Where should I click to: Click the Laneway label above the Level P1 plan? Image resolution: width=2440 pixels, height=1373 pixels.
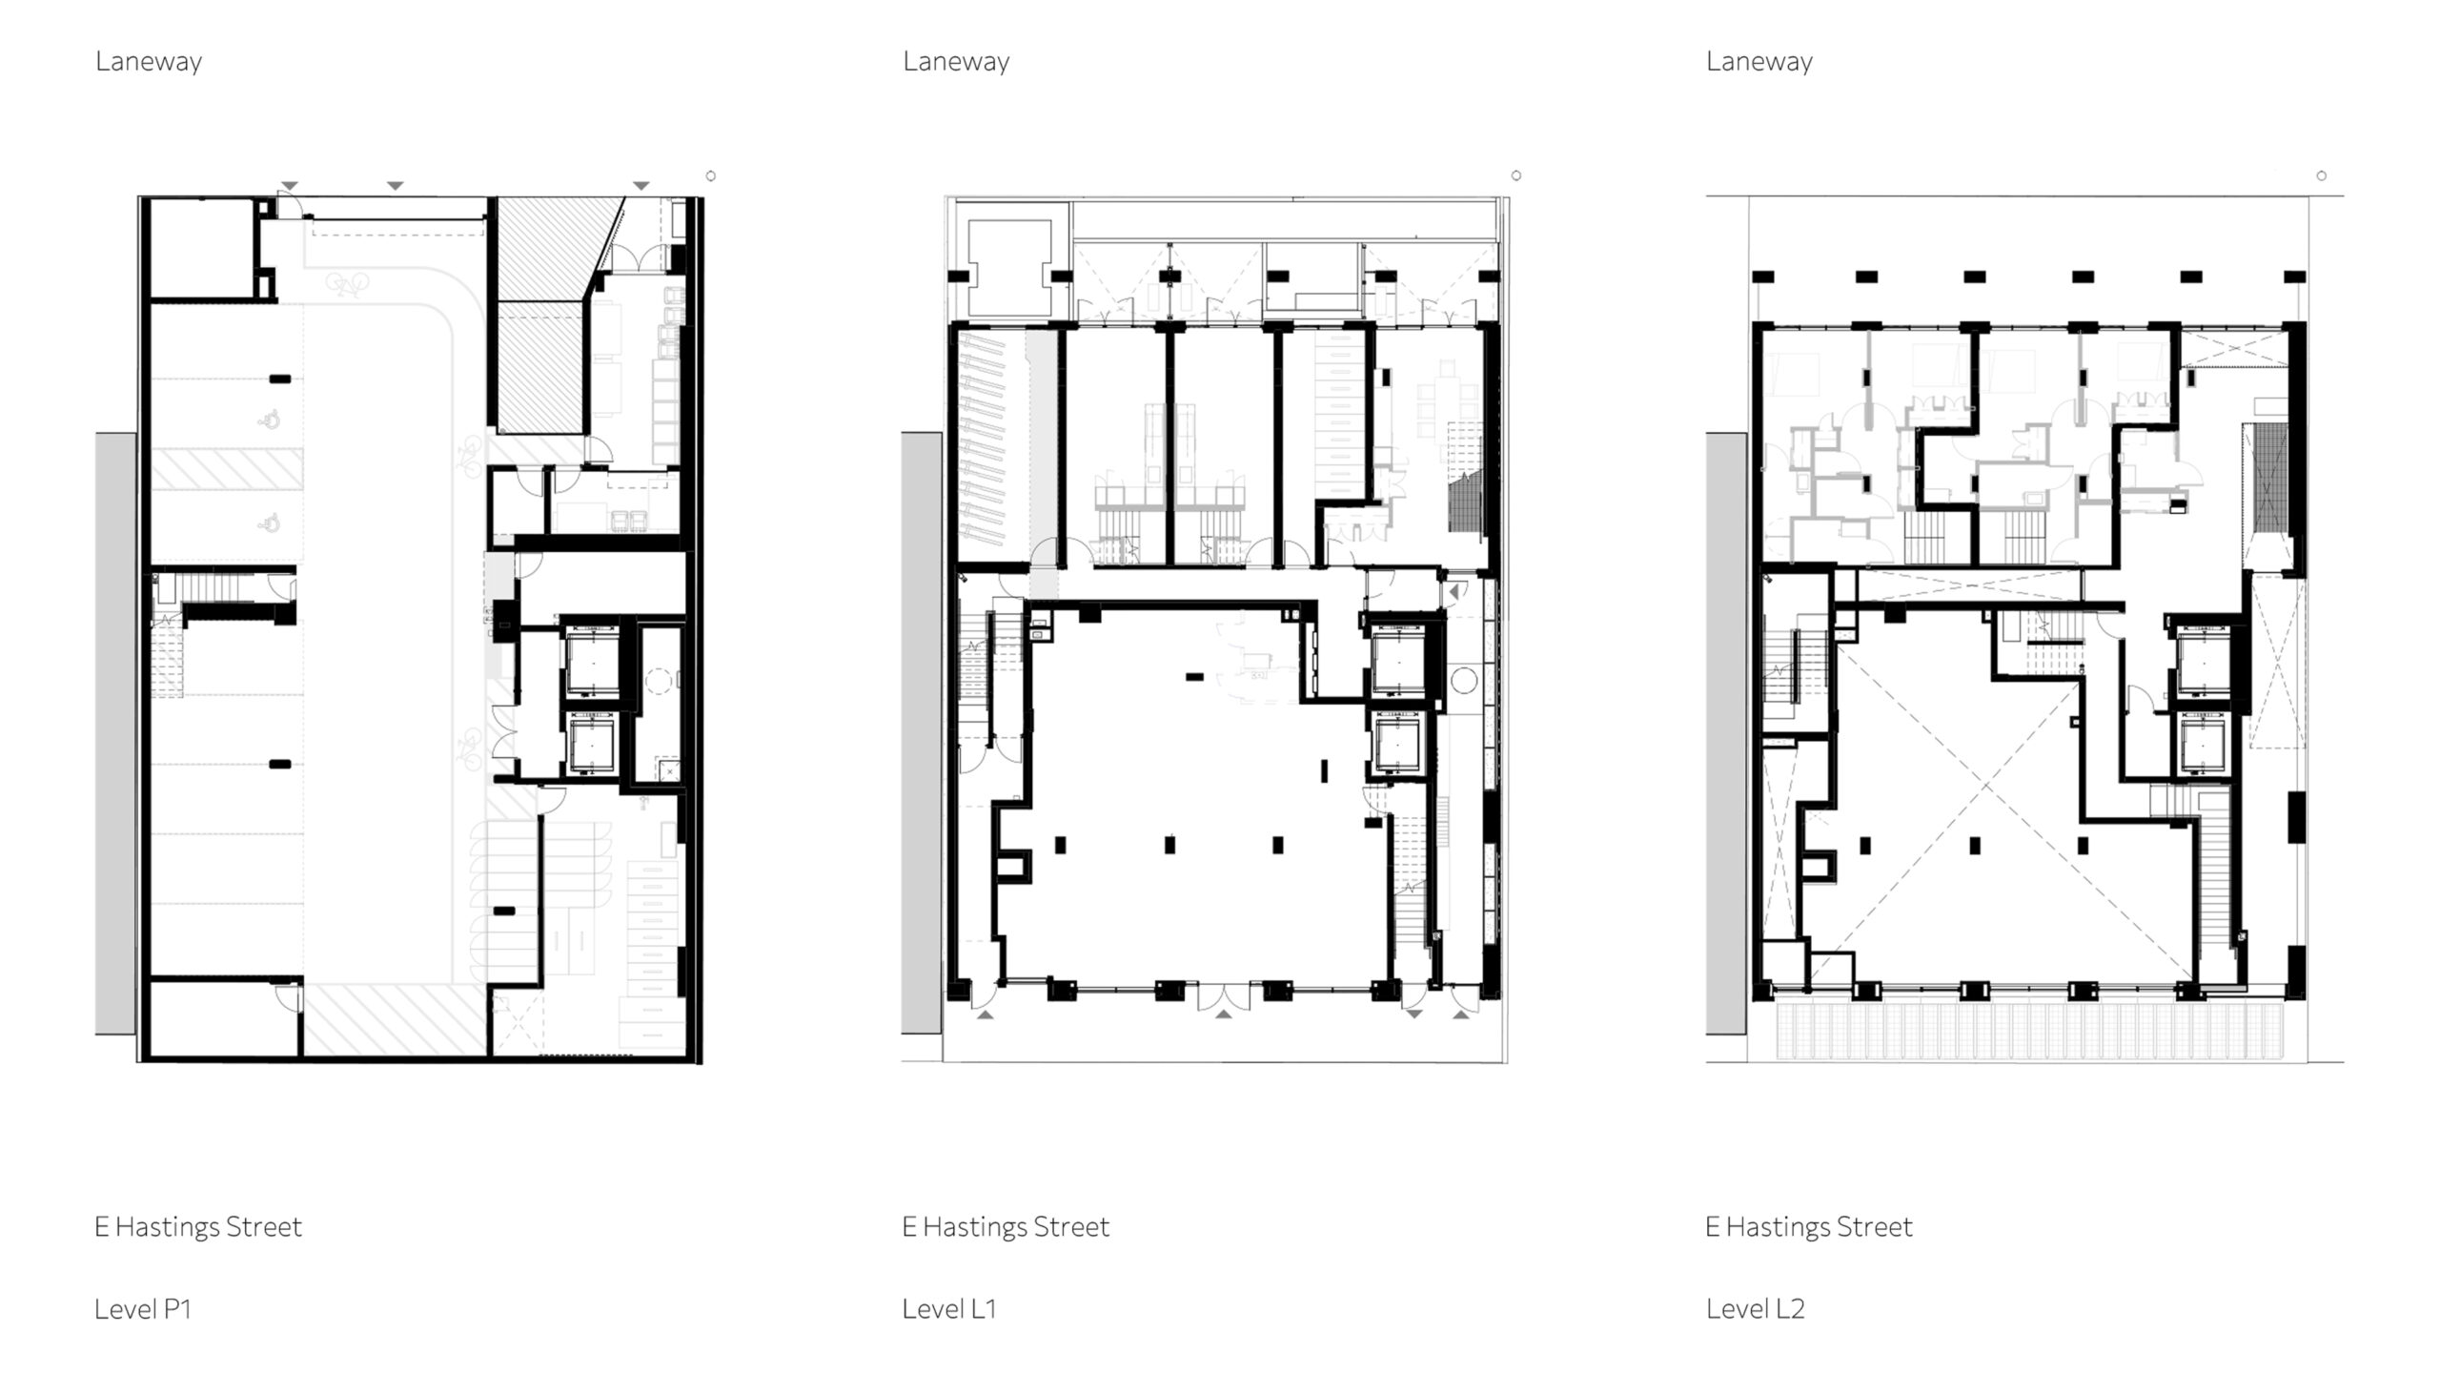pyautogui.click(x=149, y=62)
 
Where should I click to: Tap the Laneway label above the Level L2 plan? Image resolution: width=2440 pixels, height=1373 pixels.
pyautogui.click(x=1759, y=62)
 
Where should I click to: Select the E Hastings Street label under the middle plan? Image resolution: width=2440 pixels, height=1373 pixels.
pyautogui.click(x=1006, y=1226)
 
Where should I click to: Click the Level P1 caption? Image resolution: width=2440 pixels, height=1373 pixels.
pyautogui.click(x=143, y=1309)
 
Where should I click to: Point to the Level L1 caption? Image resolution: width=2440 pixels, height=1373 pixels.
pyautogui.click(x=949, y=1309)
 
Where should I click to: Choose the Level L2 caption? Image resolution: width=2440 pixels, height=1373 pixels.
pyautogui.click(x=1756, y=1309)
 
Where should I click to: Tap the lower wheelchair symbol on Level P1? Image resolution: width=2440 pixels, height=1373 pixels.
pyautogui.click(x=271, y=521)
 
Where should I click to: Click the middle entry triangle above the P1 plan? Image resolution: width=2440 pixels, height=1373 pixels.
pyautogui.click(x=396, y=185)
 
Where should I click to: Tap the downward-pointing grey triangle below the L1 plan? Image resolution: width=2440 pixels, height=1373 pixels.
pyautogui.click(x=1414, y=1014)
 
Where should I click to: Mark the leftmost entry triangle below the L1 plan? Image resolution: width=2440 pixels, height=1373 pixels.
pyautogui.click(x=986, y=1014)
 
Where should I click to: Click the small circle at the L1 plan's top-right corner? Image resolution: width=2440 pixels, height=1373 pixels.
pyautogui.click(x=1516, y=175)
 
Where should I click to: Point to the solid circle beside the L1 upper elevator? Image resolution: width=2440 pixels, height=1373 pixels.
pyautogui.click(x=1464, y=681)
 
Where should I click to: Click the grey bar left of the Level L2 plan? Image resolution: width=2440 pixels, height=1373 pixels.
pyautogui.click(x=1726, y=734)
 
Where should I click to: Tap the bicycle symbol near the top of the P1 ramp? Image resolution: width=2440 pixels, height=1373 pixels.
pyautogui.click(x=346, y=283)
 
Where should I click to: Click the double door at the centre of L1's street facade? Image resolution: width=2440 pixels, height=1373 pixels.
pyautogui.click(x=1224, y=994)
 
